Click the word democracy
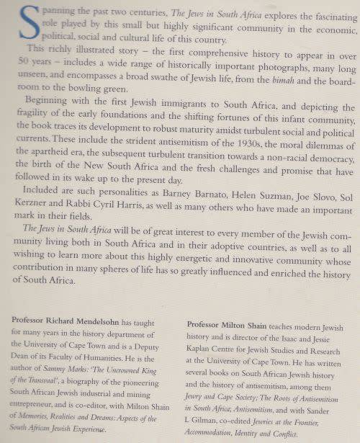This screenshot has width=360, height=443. [327, 161]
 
